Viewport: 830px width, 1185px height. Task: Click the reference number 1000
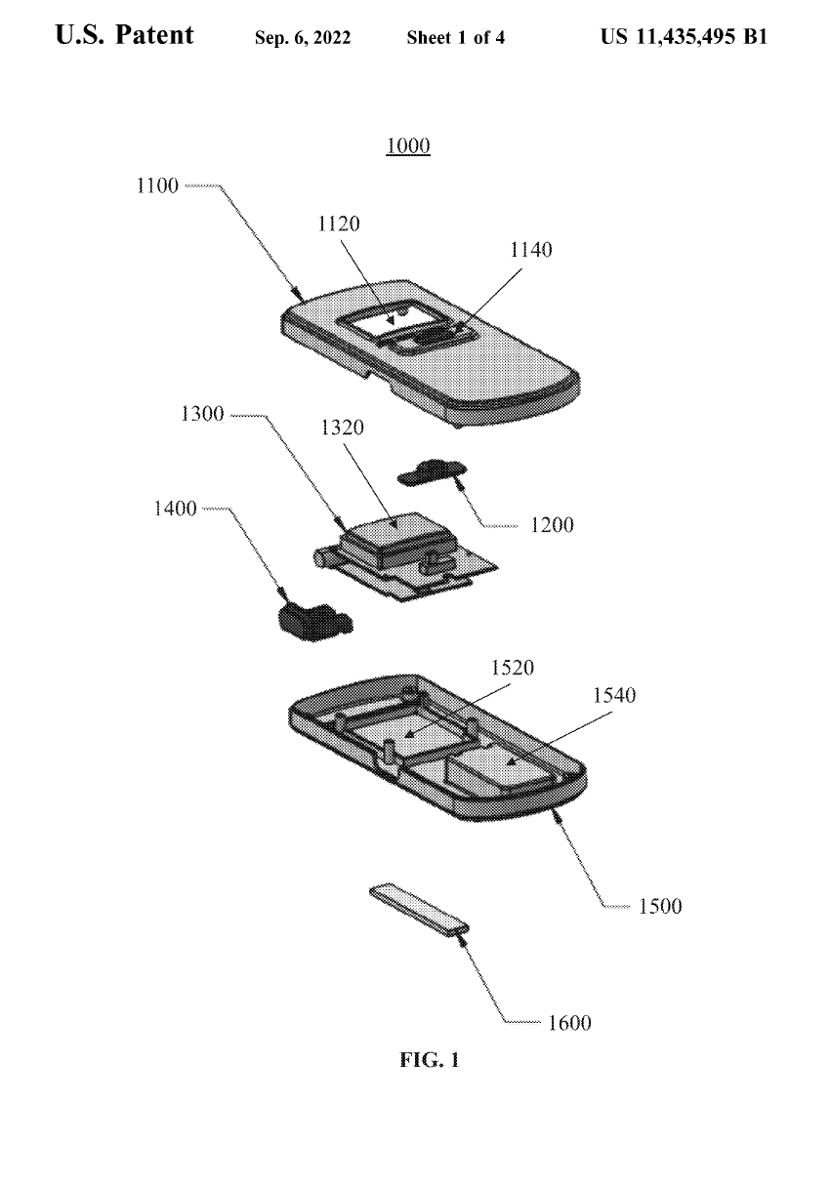(x=409, y=146)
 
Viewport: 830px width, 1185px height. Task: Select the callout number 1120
(x=339, y=224)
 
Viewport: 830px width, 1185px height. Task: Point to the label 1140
(x=530, y=250)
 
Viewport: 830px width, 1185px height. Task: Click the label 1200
(x=552, y=525)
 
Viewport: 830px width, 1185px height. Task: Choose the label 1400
(x=175, y=509)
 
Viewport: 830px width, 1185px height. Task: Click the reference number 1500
(x=660, y=906)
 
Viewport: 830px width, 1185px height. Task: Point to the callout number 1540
(x=614, y=695)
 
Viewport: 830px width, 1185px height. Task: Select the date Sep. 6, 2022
(x=303, y=39)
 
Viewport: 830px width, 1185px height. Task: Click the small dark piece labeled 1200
(x=430, y=472)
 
